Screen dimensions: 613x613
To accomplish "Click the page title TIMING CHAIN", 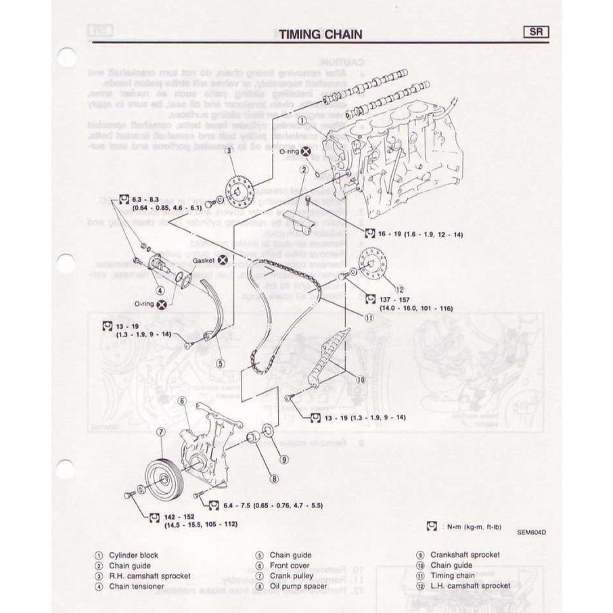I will [321, 35].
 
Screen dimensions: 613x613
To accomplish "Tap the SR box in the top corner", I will [535, 32].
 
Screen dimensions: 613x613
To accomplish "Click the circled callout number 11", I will [368, 316].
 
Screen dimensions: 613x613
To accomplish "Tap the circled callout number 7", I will [160, 432].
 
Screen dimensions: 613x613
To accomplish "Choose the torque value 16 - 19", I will [391, 234].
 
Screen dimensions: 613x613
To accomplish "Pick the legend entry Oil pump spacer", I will [298, 587].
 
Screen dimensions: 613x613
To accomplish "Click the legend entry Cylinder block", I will [133, 555].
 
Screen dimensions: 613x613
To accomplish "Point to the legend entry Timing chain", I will [453, 576].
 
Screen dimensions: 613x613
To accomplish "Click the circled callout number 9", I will [283, 459].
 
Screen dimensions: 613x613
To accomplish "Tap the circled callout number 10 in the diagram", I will [360, 380].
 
